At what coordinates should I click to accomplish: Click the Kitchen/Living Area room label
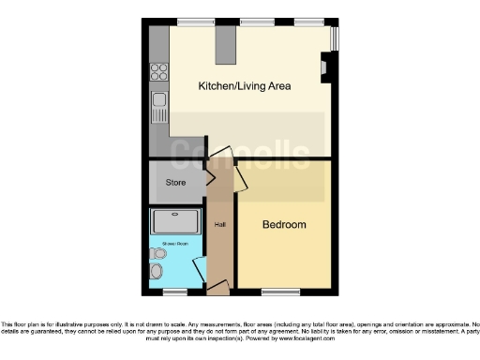point(244,86)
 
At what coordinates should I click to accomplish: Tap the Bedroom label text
point(284,225)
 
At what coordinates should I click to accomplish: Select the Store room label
point(175,182)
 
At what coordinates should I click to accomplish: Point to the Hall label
point(219,225)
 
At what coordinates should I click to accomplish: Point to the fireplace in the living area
point(324,67)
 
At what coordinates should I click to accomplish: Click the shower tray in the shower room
point(175,221)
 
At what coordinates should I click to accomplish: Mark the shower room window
point(175,290)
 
